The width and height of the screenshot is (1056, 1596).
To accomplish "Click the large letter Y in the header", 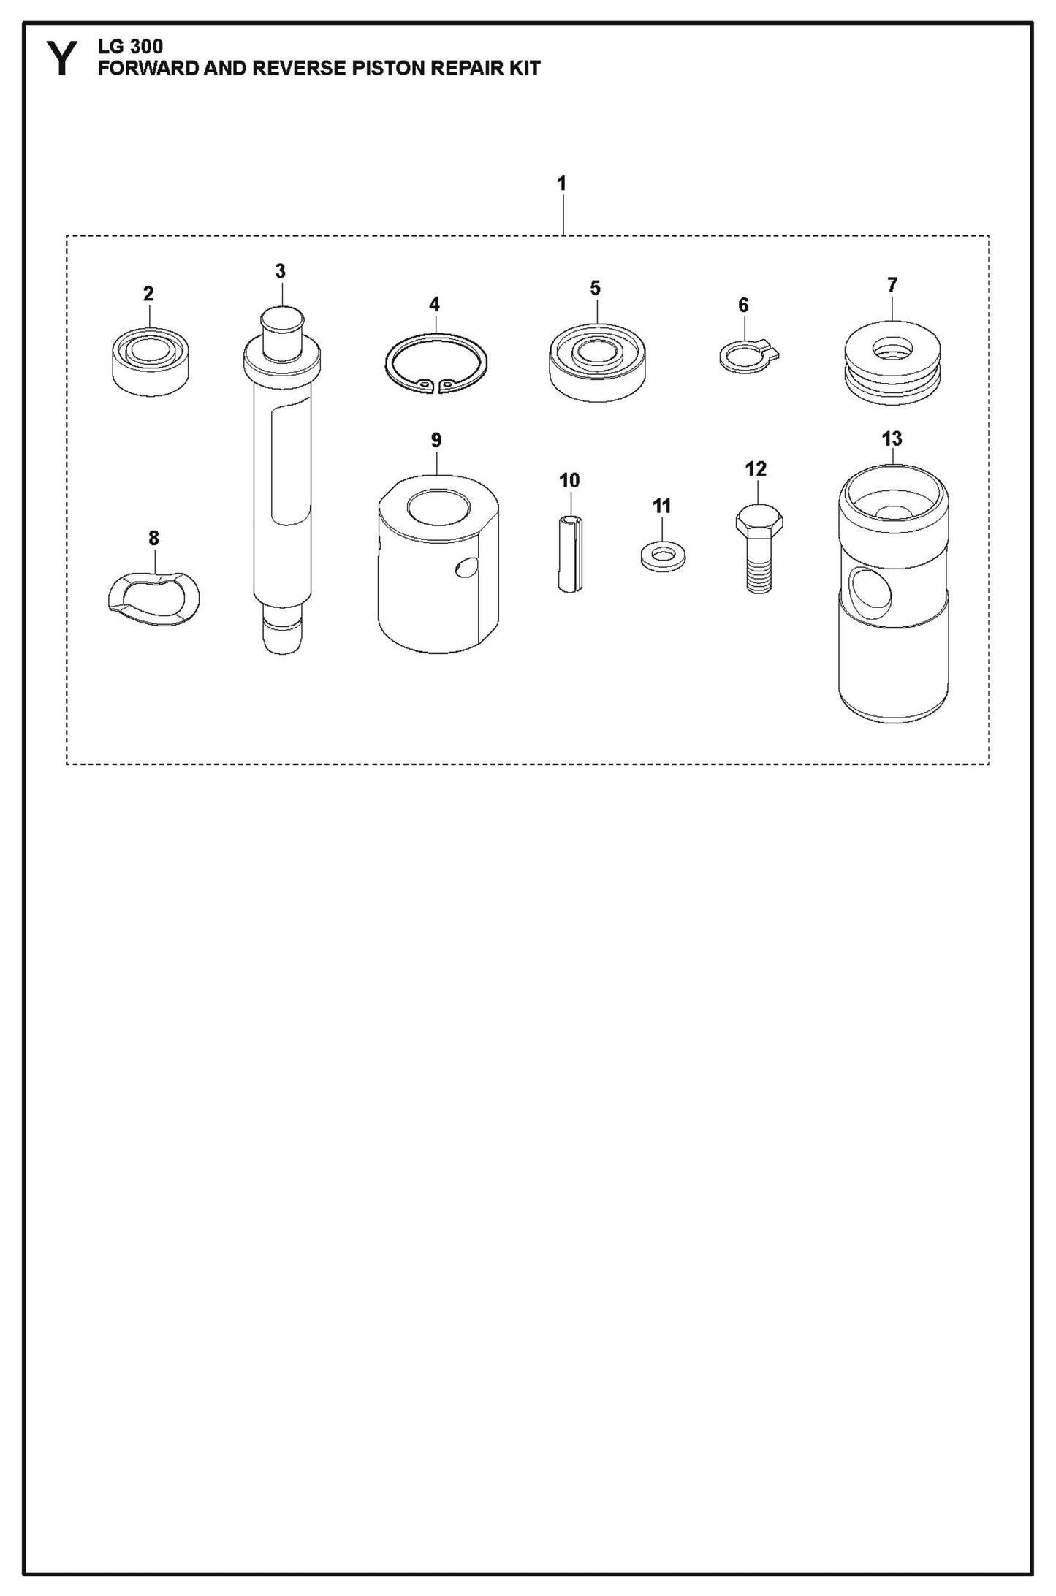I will coord(63,59).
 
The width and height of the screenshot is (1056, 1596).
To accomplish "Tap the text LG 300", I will coord(130,48).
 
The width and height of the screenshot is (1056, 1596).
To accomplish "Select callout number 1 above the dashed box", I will coord(561,183).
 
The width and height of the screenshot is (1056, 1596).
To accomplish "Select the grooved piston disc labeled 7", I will coord(892,362).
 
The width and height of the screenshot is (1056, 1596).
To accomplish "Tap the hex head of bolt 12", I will coord(759,522).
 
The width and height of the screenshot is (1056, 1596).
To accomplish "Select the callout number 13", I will coord(892,439).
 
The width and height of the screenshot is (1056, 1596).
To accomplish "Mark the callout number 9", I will coord(436,440).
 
